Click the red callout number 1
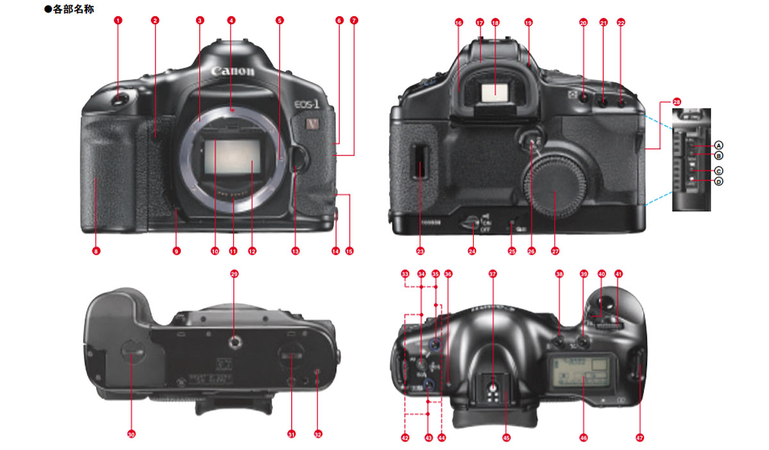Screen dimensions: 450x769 pos(117,20)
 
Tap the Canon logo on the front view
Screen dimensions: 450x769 pos(233,70)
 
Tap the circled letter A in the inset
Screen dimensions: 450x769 pos(719,144)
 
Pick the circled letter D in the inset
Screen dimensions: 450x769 pos(719,182)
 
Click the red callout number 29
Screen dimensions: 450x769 pos(234,274)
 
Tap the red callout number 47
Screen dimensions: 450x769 pos(639,438)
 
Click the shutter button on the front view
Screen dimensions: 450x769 pos(119,99)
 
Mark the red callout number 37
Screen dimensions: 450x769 pos(492,274)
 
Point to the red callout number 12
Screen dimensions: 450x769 pos(252,252)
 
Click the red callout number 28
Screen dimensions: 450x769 pos(677,102)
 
